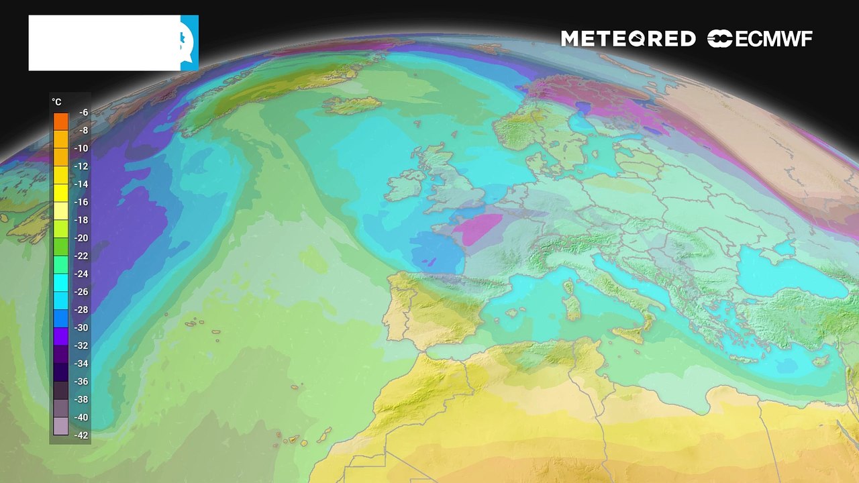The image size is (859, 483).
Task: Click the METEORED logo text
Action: click(x=627, y=39)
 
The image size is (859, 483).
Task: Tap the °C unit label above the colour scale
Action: click(x=57, y=102)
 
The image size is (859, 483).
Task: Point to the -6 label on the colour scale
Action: click(x=83, y=113)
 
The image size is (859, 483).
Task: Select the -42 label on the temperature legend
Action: click(x=83, y=435)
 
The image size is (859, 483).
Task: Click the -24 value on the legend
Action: click(x=83, y=274)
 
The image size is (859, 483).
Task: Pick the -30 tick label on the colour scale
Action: click(x=83, y=327)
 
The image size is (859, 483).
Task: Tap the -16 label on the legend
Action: click(x=83, y=202)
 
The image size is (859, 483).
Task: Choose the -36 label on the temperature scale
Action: click(x=83, y=381)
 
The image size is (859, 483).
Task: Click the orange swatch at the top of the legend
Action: click(x=61, y=121)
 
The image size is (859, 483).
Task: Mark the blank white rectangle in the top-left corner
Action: click(x=104, y=43)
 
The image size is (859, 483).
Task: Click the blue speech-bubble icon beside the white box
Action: click(x=190, y=43)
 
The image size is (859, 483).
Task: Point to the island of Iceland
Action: click(x=352, y=105)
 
